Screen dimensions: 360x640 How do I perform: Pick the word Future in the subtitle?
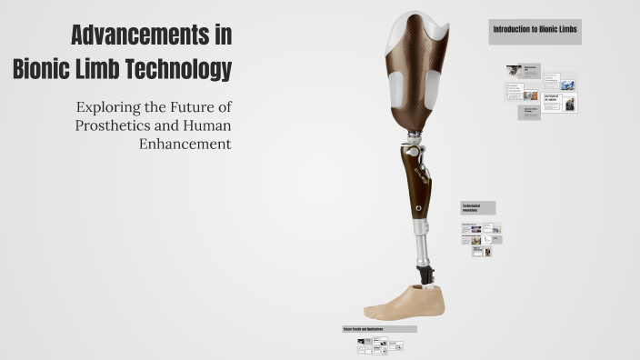[187, 107]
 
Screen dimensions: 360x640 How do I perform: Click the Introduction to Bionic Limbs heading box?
[535, 31]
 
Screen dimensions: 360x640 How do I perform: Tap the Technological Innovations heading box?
[477, 207]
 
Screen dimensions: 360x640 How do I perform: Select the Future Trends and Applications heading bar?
[378, 328]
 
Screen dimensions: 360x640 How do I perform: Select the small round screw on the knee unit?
[417, 207]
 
